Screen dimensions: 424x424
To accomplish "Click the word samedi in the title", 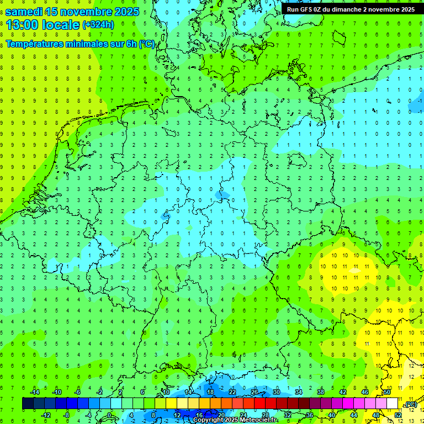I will coord(23,12).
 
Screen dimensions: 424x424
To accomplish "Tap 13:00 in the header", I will coord(23,24).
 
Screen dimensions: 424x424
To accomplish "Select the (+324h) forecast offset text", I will coord(98,25).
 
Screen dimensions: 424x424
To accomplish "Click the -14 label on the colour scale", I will coord(34,392).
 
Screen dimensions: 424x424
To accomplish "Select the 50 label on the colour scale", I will coord(387,392).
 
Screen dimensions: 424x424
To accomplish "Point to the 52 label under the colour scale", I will coord(398,415).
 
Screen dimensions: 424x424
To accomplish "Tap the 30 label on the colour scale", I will coord(277,392).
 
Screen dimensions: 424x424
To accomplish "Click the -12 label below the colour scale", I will coord(45,415).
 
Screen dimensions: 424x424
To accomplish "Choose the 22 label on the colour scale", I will coord(232,392).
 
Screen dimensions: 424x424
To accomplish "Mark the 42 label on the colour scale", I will coord(343,392).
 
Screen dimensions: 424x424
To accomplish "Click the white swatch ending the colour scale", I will coord(393,404).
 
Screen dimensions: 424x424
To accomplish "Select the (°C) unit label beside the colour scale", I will coord(411,405).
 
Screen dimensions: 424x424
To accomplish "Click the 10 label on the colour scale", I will coord(166,392).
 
